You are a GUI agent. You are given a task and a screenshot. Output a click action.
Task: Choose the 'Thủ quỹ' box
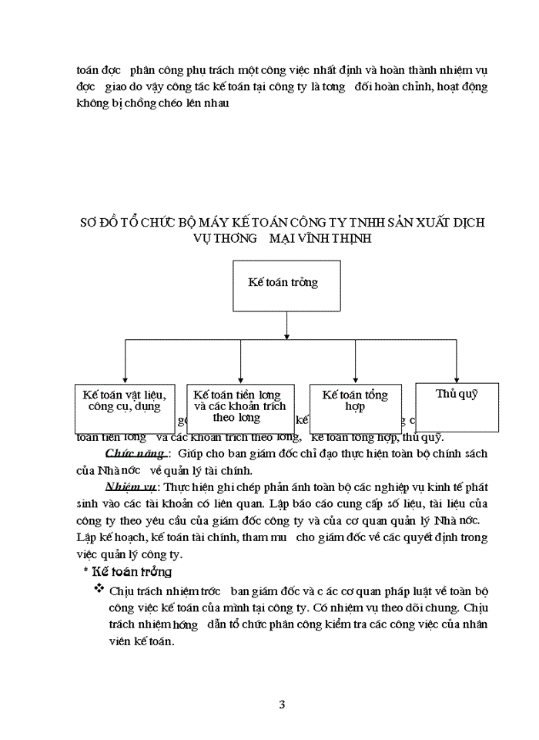(x=457, y=406)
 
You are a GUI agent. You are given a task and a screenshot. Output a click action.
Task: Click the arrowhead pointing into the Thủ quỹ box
(x=457, y=379)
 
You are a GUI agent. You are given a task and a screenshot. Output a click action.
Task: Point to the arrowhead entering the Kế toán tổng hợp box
(x=355, y=379)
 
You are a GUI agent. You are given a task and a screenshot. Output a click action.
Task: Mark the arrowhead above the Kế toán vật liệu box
(x=125, y=379)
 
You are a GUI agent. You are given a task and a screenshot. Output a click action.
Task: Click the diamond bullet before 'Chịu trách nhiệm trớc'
(x=98, y=590)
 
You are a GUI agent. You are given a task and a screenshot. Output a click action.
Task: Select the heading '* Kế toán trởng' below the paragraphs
(x=127, y=572)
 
